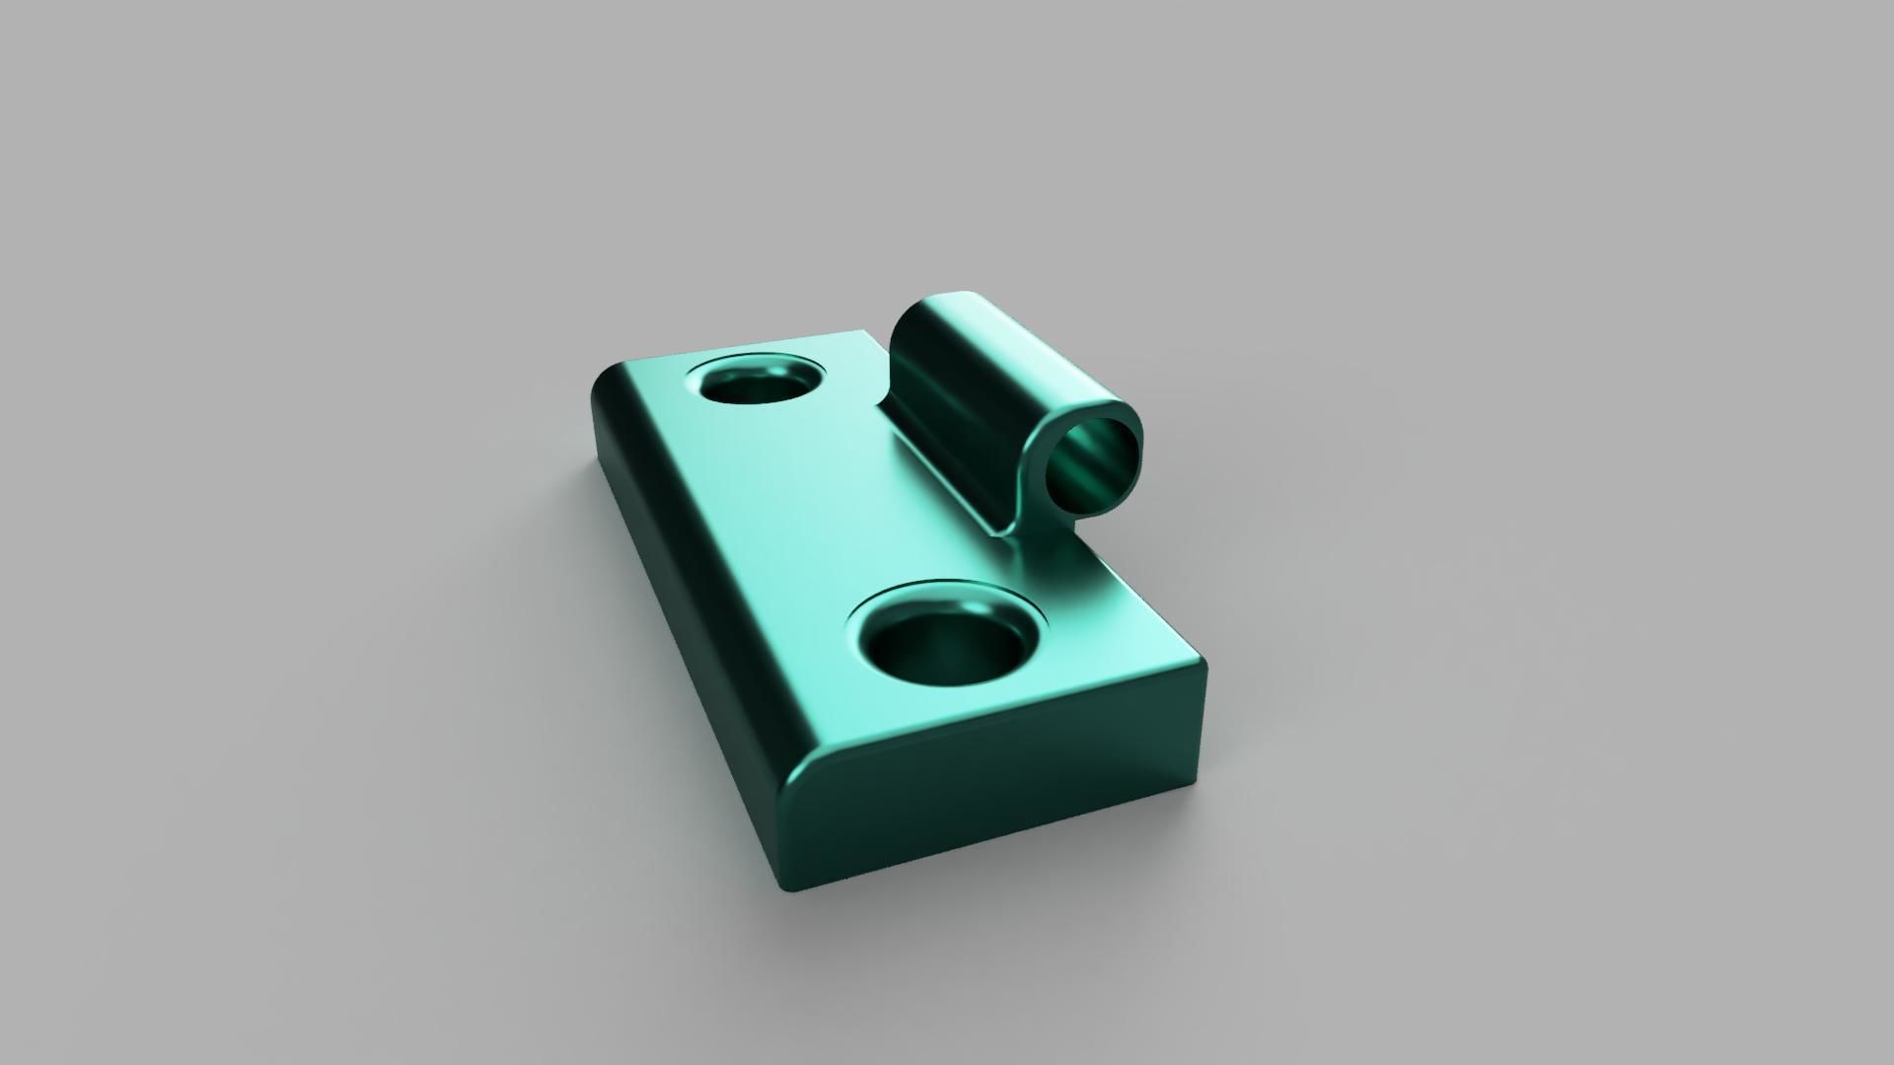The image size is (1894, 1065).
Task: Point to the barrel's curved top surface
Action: coord(996,345)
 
